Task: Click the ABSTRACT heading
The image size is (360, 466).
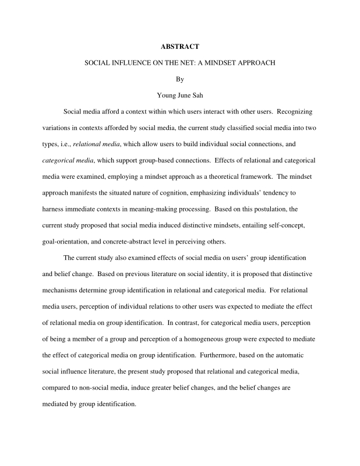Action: [180, 45]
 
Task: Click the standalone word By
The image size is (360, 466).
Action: [179, 77]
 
